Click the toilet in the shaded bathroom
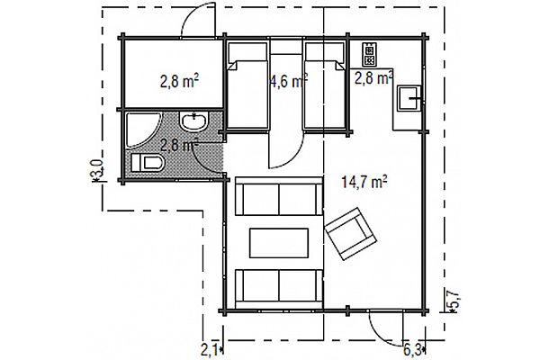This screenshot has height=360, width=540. coord(147,162)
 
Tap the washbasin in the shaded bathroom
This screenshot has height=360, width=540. coord(193,121)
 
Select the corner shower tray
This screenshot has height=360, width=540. coord(141,130)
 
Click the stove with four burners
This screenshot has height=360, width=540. coord(369,54)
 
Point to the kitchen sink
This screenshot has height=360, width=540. coord(409,98)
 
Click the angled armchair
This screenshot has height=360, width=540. coord(350,233)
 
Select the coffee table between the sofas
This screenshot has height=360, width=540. coord(279,243)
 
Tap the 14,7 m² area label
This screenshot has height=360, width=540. coord(364,182)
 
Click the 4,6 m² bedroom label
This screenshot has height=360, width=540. coord(288,82)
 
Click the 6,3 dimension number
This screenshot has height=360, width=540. coord(413,351)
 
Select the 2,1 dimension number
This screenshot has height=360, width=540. coord(210,351)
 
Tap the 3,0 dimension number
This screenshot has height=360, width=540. coord(96,169)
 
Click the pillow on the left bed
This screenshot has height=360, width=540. coord(247,52)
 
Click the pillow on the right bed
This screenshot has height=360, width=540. coord(325,52)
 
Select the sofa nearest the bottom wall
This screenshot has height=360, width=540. coord(279,289)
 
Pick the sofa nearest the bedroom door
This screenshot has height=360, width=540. coord(279,196)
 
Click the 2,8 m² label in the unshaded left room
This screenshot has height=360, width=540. coord(179,82)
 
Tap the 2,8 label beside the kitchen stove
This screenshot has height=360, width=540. coord(373,78)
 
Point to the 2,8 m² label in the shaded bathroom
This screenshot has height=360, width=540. coord(179,144)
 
